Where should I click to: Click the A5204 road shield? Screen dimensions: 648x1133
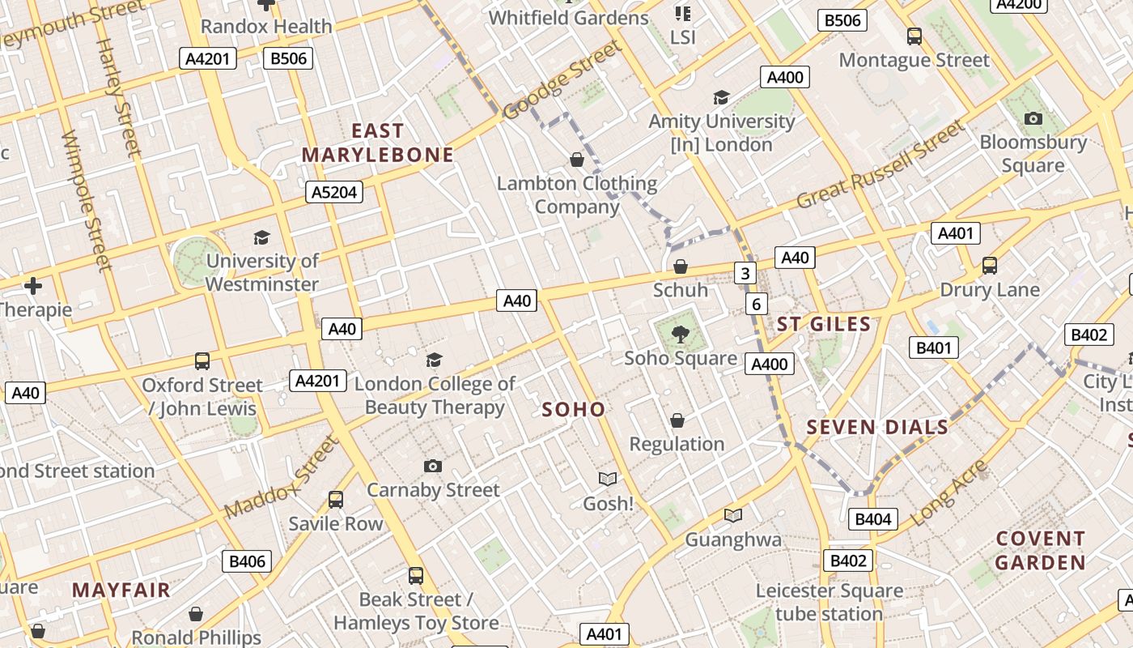[x=333, y=192]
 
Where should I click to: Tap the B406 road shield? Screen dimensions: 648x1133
[x=247, y=561]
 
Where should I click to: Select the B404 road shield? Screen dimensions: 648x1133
[x=872, y=519]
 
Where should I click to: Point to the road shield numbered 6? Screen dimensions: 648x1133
[x=756, y=304]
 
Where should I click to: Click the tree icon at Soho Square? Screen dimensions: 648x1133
[x=681, y=334]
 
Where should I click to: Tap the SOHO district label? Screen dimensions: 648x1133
[x=574, y=410]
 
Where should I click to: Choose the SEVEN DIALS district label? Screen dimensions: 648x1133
[x=877, y=428]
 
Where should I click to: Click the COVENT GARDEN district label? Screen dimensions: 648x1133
[x=1040, y=550]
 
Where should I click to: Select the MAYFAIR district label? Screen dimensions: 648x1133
[x=121, y=590]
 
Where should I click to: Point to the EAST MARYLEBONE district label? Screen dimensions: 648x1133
[x=378, y=143]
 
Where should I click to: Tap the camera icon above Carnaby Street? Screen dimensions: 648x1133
[x=433, y=466]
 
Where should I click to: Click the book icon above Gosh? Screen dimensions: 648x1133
[x=607, y=480]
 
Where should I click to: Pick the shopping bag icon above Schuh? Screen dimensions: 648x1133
[x=681, y=266]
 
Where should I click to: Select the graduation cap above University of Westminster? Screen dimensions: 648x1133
[x=261, y=237]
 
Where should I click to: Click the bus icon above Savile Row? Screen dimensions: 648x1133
[x=336, y=500]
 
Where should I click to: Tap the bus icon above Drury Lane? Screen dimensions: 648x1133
[x=989, y=266]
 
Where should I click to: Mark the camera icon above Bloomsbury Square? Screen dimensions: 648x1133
[x=1033, y=119]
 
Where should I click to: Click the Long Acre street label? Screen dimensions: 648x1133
[x=949, y=492]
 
